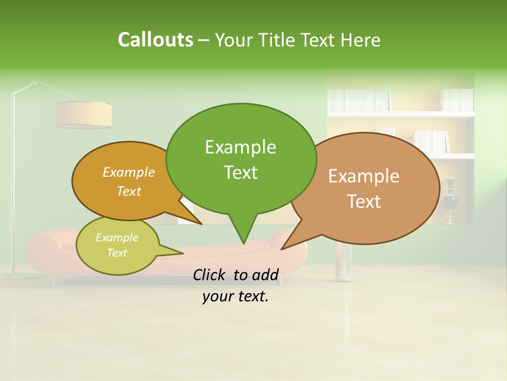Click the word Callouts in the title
point(155,40)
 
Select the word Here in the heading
point(360,40)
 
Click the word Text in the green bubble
point(240,173)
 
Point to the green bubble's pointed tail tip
point(243,243)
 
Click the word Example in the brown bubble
point(364,176)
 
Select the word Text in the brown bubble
point(364,202)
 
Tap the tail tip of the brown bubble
point(281,249)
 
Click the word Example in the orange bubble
point(128,172)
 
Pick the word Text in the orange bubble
point(128,191)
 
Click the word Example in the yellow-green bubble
point(117,238)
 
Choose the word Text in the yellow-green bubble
point(117,253)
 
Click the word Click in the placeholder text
point(211,275)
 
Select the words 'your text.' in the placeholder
point(236,296)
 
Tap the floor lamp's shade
point(83,115)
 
